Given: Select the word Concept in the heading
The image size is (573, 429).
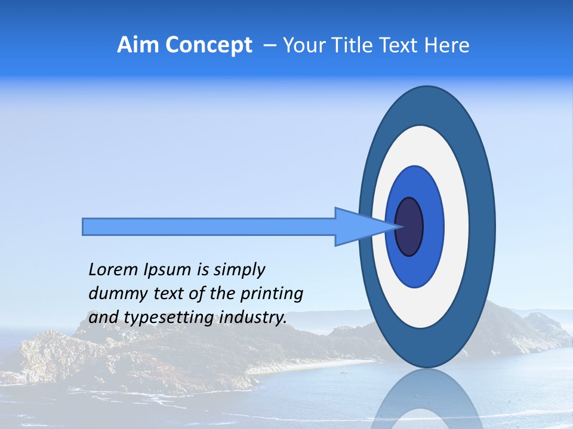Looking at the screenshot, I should click(x=208, y=46).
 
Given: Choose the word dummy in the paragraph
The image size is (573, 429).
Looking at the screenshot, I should click(x=115, y=294).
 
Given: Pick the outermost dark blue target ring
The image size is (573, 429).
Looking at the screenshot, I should click(x=483, y=226).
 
